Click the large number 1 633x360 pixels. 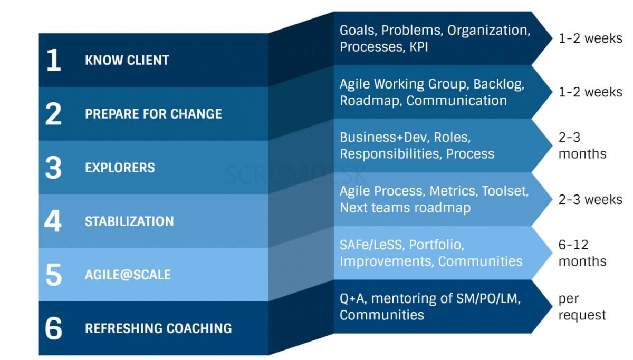(53, 61)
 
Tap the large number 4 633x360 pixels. (53, 221)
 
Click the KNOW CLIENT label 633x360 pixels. (127, 61)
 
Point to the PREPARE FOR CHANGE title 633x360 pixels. (153, 114)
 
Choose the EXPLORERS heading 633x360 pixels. (120, 168)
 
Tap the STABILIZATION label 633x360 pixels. (129, 221)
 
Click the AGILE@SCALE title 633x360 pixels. (128, 275)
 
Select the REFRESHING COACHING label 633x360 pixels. (158, 329)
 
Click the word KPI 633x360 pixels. (418, 47)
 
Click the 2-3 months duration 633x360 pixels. (582, 146)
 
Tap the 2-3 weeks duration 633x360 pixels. (590, 200)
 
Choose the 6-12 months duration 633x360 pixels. (582, 253)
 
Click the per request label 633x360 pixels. (582, 307)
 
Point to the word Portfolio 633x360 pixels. (436, 245)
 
